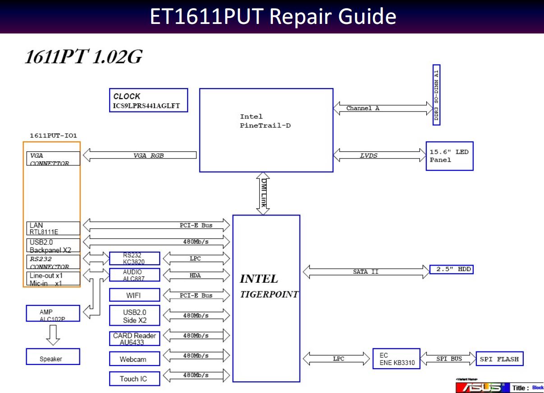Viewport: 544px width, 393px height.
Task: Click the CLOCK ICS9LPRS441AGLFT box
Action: [148, 100]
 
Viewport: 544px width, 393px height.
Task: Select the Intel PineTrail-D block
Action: [266, 130]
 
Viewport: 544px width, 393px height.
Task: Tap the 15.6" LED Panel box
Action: [449, 156]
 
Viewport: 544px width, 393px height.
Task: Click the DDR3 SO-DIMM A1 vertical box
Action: [436, 95]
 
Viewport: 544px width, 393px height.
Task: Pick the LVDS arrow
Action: [379, 155]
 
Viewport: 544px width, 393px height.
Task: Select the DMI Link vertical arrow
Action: [263, 193]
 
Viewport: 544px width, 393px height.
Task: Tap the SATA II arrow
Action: [366, 272]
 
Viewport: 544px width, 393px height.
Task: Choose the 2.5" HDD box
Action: [451, 270]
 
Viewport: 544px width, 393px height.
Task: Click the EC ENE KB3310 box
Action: [396, 359]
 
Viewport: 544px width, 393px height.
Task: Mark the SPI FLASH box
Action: [499, 359]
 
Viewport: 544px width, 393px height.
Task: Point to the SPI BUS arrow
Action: [448, 359]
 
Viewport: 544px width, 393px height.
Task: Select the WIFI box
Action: [134, 295]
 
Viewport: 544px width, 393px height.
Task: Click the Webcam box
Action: [134, 359]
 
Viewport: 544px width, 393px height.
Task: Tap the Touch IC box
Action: [134, 379]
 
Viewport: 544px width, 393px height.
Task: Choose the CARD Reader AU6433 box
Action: [134, 339]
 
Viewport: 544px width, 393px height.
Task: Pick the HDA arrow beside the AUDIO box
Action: [196, 275]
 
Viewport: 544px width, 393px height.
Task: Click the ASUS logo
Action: [481, 388]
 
